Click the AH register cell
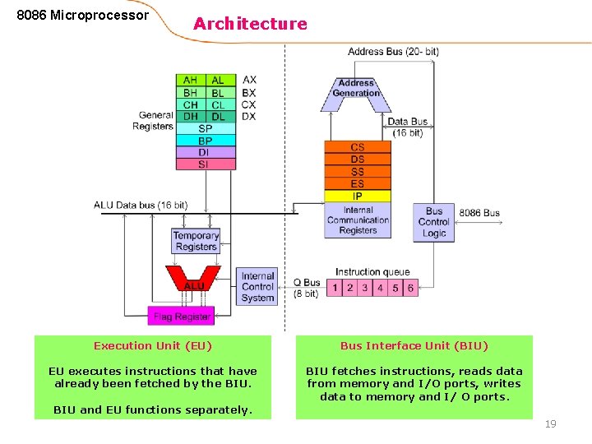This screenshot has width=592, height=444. (x=190, y=81)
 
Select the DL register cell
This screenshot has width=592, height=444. (x=218, y=117)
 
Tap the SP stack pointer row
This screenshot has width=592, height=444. (x=205, y=129)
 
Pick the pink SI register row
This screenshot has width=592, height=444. (x=205, y=164)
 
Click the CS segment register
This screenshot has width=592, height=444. (x=357, y=147)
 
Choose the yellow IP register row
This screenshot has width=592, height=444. (x=357, y=197)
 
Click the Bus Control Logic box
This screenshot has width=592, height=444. (x=433, y=222)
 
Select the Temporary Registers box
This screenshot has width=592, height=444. (x=196, y=241)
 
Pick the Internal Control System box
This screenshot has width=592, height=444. (x=257, y=287)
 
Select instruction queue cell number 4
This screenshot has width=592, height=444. (x=380, y=288)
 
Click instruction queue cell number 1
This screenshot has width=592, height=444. (x=335, y=288)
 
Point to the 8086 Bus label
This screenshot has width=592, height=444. (x=479, y=213)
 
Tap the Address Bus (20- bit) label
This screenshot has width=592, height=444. (x=393, y=52)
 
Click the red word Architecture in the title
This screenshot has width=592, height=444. (x=250, y=24)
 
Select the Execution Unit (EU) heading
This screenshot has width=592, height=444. (x=153, y=346)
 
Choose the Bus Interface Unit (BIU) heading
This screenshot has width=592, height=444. (x=414, y=346)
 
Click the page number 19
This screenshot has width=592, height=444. (x=551, y=424)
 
